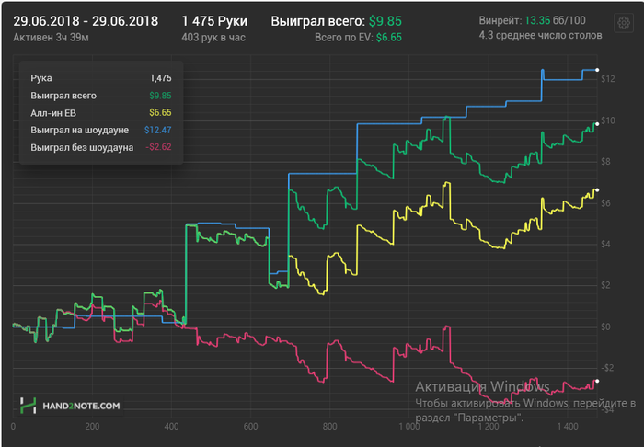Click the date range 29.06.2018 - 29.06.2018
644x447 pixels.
[86, 20]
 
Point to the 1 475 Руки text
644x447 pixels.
[214, 20]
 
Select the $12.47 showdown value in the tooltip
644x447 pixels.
[158, 130]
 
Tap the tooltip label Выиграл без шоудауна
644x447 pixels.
[82, 147]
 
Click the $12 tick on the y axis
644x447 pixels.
[607, 79]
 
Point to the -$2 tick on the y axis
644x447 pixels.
[607, 368]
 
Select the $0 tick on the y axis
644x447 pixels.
[606, 327]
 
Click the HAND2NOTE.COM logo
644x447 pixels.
[71, 405]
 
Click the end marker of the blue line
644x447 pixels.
[597, 70]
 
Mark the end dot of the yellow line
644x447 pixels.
[597, 190]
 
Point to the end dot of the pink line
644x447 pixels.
[597, 381]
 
